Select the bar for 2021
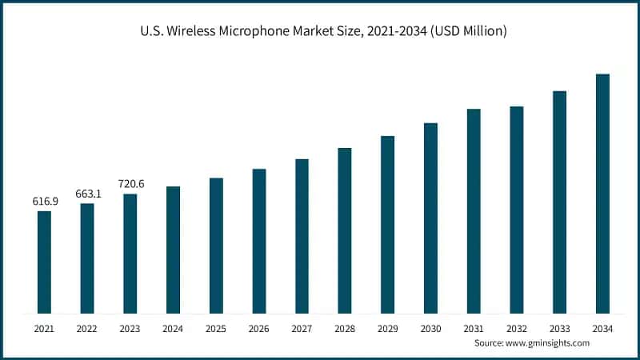[44, 262]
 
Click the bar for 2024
[173, 250]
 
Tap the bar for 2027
[302, 236]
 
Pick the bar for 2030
[430, 218]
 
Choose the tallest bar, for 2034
[602, 194]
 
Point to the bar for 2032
[517, 210]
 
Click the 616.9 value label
[45, 201]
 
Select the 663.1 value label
[87, 193]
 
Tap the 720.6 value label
[130, 184]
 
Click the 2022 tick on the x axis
[87, 329]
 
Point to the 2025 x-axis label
[216, 329]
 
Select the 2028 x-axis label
[345, 329]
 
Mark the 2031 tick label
[474, 329]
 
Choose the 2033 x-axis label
[559, 329]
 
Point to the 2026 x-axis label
[258, 329]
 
